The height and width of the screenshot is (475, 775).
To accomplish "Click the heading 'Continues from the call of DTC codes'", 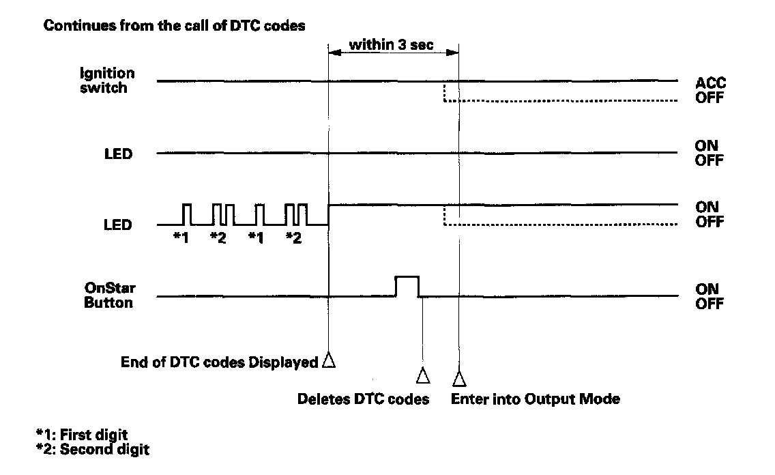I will click(174, 27).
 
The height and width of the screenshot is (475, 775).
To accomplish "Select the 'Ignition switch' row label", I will click(112, 80).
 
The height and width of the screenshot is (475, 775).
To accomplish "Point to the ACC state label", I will click(710, 83).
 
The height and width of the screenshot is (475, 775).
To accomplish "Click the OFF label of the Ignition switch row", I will click(710, 98).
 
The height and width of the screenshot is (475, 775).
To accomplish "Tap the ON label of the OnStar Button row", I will click(707, 289).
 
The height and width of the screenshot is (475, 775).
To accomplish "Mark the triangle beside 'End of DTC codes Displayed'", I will click(329, 360).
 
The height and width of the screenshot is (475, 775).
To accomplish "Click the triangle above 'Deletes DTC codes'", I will click(423, 375).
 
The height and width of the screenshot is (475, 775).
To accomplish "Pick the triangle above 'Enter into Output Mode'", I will click(458, 376).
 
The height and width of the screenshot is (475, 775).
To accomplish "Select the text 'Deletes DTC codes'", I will click(363, 399).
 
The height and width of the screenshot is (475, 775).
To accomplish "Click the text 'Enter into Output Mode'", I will click(536, 399).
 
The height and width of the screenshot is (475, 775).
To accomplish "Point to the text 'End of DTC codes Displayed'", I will click(218, 362).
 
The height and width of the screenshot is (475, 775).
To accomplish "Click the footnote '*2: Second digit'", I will click(91, 450).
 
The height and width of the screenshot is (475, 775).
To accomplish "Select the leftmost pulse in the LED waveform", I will click(186, 214).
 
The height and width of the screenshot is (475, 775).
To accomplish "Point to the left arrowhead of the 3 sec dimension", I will click(333, 52).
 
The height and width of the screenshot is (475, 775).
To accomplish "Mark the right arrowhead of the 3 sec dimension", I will click(454, 52).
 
